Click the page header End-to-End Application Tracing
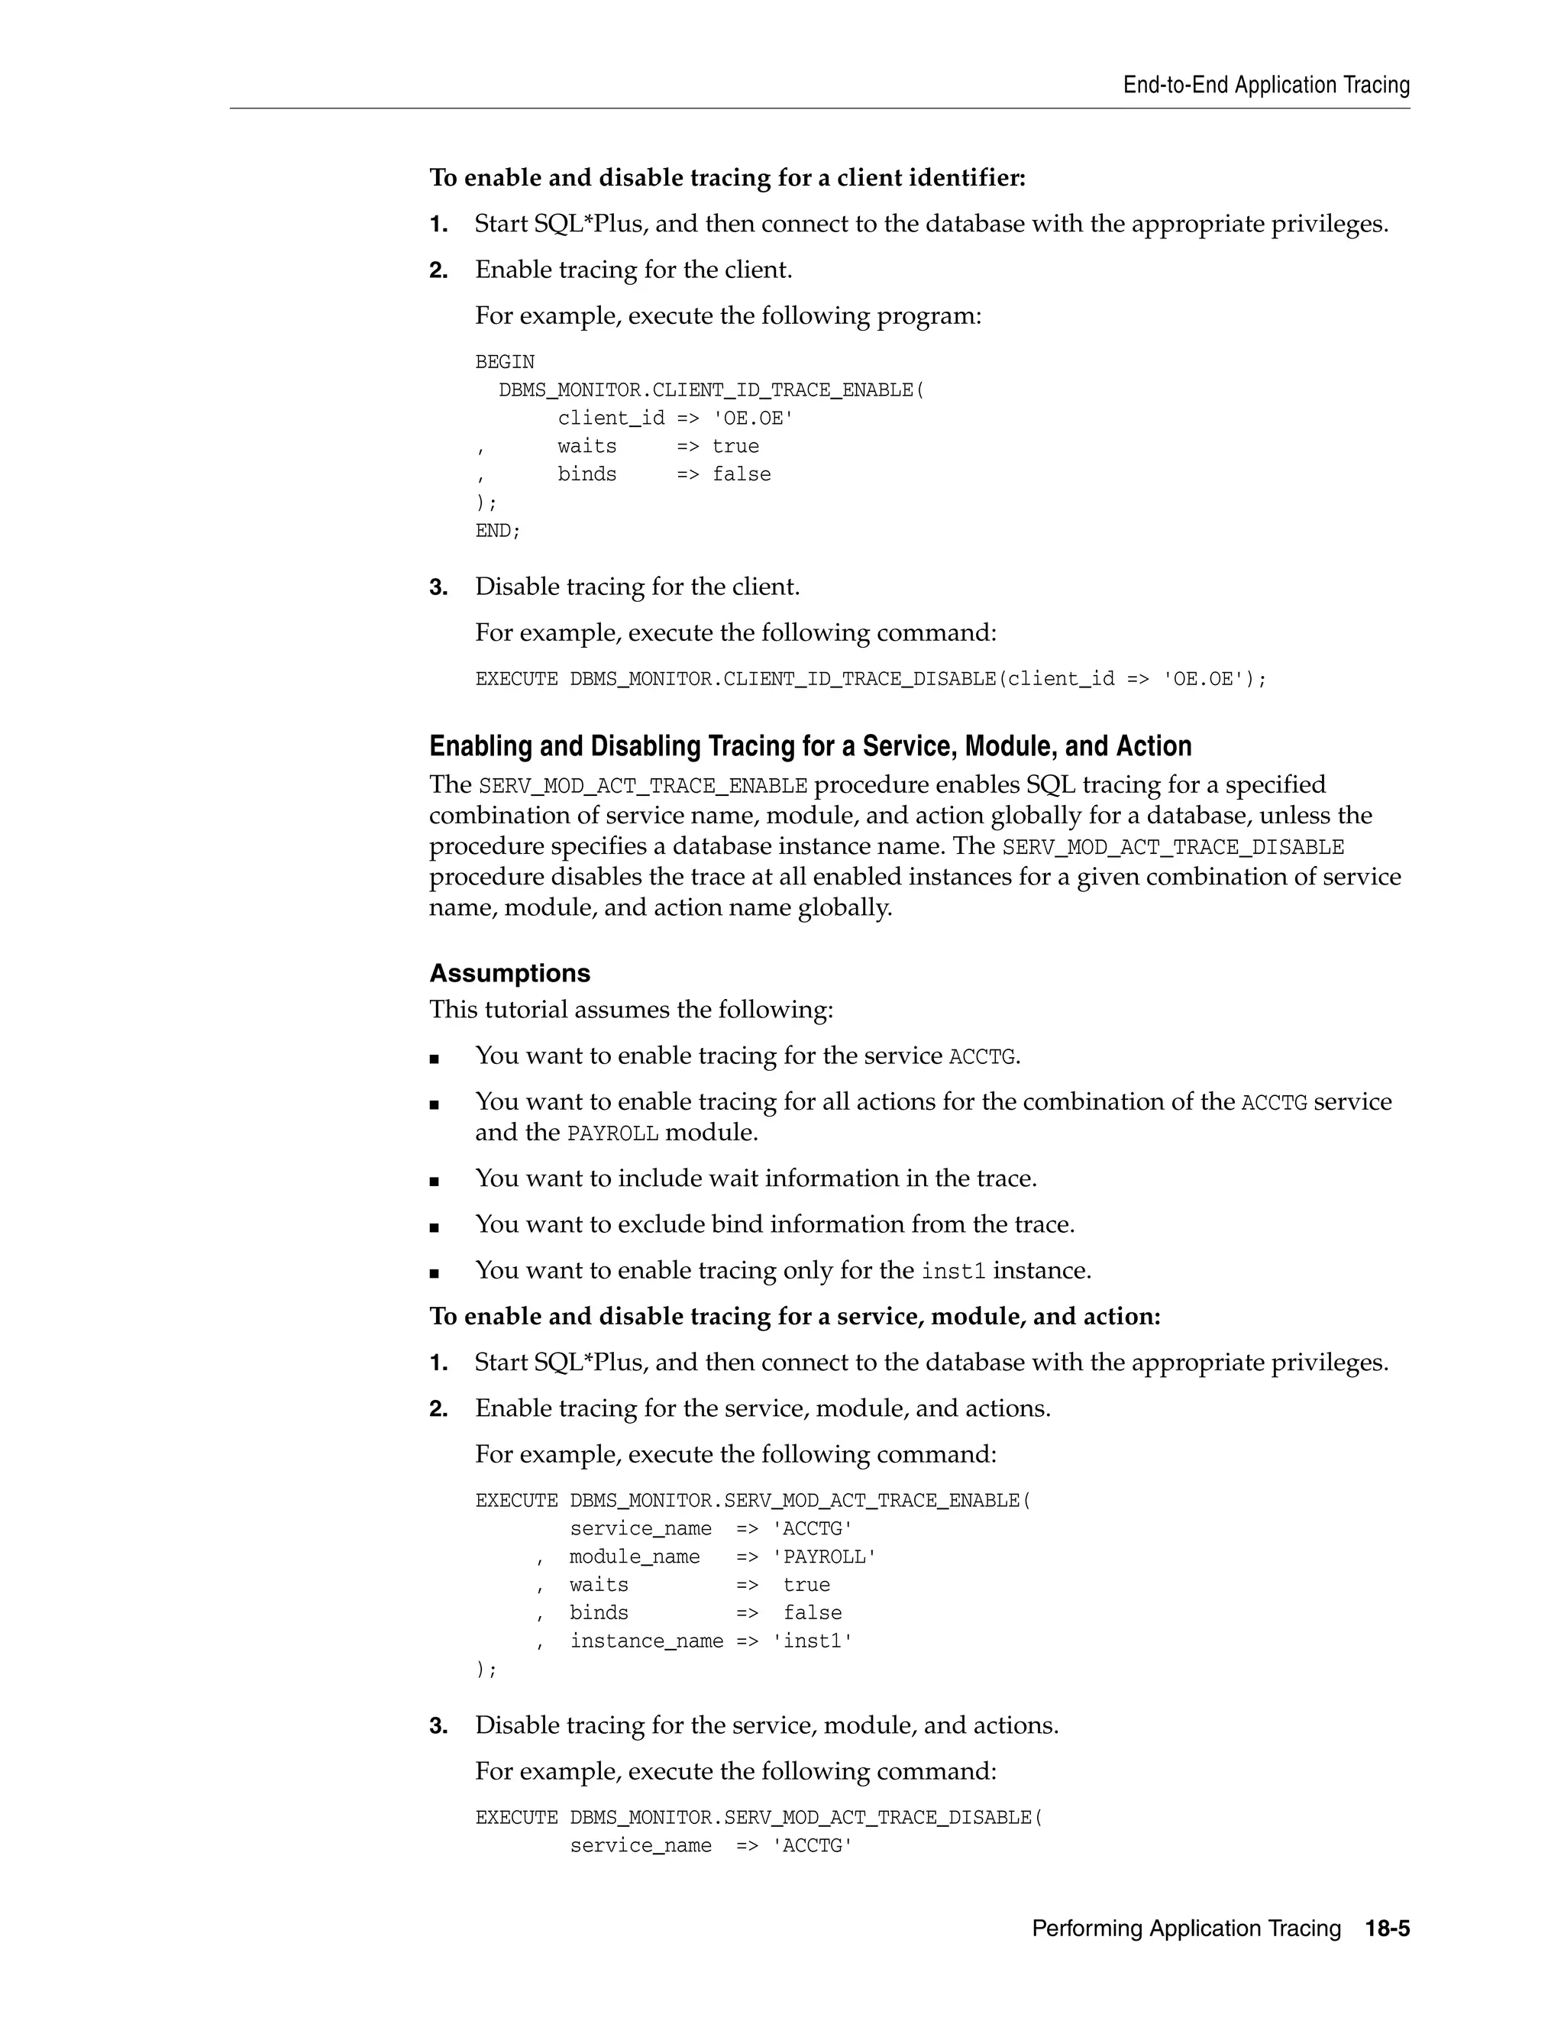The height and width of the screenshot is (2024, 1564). tap(1265, 86)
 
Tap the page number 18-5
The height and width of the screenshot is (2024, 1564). tap(1386, 1929)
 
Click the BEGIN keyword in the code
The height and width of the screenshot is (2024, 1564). tap(504, 362)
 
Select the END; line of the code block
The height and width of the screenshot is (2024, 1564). tap(498, 531)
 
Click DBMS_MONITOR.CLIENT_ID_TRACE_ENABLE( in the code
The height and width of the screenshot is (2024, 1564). tap(711, 390)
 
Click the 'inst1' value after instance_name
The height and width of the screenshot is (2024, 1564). tap(812, 1641)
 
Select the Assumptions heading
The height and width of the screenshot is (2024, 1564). tap(509, 973)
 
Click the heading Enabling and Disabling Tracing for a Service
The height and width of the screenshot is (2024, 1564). tap(809, 746)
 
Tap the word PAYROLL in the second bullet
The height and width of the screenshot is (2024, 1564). tap(612, 1133)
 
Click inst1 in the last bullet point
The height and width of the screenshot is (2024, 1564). tap(953, 1272)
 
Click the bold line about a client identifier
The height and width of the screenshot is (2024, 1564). tap(727, 178)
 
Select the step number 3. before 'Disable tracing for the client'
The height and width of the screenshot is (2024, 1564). tap(438, 587)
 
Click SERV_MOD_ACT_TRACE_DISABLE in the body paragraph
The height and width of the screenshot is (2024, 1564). tap(1172, 847)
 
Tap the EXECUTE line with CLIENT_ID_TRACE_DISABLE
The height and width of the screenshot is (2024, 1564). tap(870, 679)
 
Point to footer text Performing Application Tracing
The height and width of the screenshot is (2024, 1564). tap(1186, 1929)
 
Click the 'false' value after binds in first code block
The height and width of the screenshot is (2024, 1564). tap(742, 474)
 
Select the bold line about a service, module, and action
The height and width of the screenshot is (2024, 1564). tap(794, 1317)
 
